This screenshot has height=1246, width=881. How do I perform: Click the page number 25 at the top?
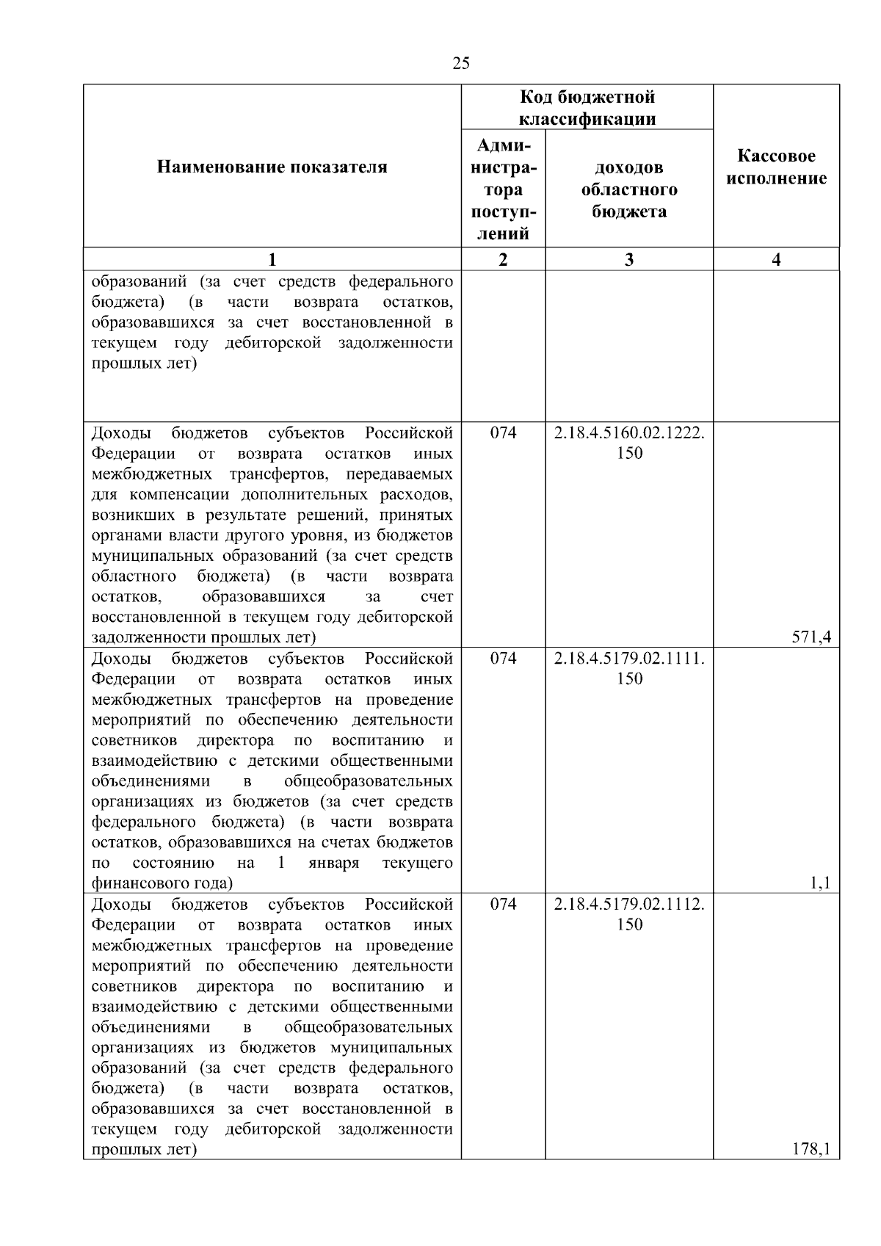click(x=461, y=64)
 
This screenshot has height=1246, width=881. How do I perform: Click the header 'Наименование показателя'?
click(x=272, y=167)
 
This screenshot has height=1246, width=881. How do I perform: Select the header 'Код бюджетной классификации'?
click(x=587, y=108)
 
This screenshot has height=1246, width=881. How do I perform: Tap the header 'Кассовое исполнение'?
click(x=776, y=167)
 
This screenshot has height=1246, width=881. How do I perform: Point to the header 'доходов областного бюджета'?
click(x=629, y=190)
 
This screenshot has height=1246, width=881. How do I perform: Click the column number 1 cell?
click(x=272, y=259)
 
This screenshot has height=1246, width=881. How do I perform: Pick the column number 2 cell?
click(x=503, y=259)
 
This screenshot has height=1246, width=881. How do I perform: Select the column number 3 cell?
click(x=629, y=259)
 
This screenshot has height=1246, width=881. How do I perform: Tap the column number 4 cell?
click(x=776, y=259)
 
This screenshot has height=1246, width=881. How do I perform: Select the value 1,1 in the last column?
click(x=820, y=883)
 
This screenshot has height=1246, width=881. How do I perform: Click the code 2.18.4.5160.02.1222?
click(x=629, y=433)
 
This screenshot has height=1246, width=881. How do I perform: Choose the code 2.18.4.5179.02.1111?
click(x=629, y=659)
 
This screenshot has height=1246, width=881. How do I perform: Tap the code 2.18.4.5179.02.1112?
click(x=629, y=905)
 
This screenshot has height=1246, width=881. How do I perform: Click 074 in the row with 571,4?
click(x=503, y=433)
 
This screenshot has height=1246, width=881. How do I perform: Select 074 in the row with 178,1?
click(x=503, y=905)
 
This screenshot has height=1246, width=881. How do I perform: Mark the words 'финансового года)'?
click(x=162, y=883)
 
